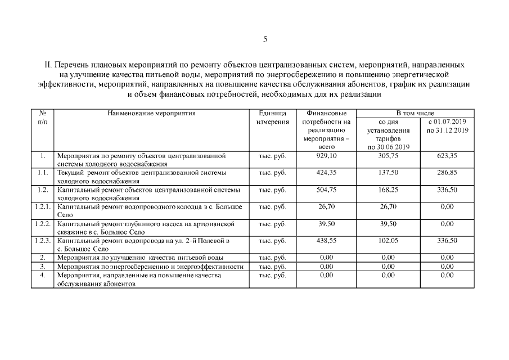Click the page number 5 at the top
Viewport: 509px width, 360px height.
point(265,39)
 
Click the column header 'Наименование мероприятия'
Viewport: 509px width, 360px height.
point(151,113)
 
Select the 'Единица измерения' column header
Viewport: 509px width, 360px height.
point(272,117)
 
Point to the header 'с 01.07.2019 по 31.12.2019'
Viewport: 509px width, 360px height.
point(447,125)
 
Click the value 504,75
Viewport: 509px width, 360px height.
point(326,190)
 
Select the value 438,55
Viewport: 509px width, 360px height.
point(326,240)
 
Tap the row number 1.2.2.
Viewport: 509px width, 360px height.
point(43,223)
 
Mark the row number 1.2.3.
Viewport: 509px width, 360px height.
point(43,240)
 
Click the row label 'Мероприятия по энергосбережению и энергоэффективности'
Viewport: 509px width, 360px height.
point(150,266)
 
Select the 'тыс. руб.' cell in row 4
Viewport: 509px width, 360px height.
point(272,275)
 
